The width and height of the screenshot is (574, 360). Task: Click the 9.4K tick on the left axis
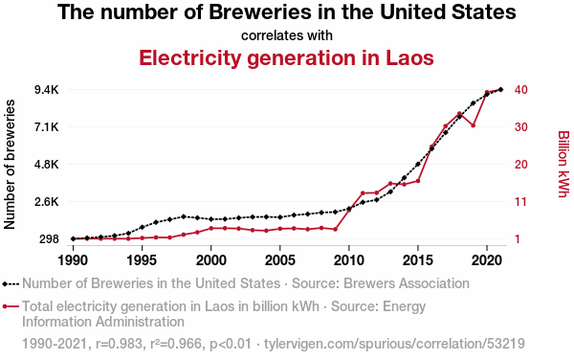[47, 90]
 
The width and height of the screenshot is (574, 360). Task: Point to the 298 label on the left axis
[48, 239]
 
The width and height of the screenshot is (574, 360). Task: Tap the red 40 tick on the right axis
[521, 90]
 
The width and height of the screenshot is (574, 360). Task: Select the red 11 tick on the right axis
[520, 202]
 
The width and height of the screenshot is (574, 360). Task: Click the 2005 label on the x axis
[279, 260]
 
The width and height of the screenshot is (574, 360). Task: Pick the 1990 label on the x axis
[74, 260]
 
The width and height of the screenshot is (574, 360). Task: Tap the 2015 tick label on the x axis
[418, 260]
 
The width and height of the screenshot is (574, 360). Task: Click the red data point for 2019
[473, 125]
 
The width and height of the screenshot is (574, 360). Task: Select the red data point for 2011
[363, 193]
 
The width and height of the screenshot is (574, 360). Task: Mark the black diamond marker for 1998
[184, 216]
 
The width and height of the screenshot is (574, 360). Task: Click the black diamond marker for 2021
[500, 89]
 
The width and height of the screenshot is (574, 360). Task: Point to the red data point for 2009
[336, 229]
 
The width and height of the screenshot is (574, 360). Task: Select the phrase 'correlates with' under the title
[287, 35]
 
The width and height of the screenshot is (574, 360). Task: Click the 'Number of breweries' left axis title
[10, 165]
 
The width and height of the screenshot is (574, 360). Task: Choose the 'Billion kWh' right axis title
[563, 164]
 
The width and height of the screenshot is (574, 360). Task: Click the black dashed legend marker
[11, 283]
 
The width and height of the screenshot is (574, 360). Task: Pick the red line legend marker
[11, 306]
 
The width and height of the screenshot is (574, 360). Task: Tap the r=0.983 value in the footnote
[119, 344]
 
